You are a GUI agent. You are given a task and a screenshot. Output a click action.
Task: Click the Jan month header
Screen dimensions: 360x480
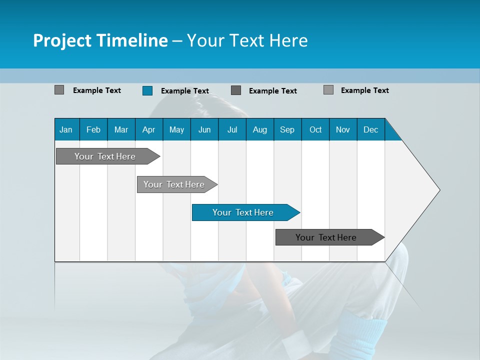tap(66, 129)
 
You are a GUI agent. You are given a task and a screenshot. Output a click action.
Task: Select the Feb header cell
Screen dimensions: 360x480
tap(93, 129)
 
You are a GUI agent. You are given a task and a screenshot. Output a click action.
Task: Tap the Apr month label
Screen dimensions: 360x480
tap(148, 129)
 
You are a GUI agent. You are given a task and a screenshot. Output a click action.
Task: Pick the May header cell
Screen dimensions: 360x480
tap(176, 129)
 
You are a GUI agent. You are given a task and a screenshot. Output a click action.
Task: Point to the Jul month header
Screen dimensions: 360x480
tap(232, 129)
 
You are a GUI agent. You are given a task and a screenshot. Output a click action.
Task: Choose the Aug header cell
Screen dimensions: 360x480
tap(259, 129)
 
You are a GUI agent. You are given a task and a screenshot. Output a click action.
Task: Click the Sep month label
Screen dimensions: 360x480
tap(287, 129)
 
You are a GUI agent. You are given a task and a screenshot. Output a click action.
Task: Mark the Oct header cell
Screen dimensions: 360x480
tap(315, 129)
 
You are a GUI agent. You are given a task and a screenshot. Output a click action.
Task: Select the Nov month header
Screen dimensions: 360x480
tap(343, 129)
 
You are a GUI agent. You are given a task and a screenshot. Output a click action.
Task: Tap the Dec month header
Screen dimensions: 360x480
tap(370, 129)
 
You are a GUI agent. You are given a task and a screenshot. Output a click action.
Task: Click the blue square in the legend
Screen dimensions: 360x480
tap(147, 90)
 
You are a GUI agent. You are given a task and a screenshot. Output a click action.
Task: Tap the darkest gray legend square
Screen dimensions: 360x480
tap(236, 90)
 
